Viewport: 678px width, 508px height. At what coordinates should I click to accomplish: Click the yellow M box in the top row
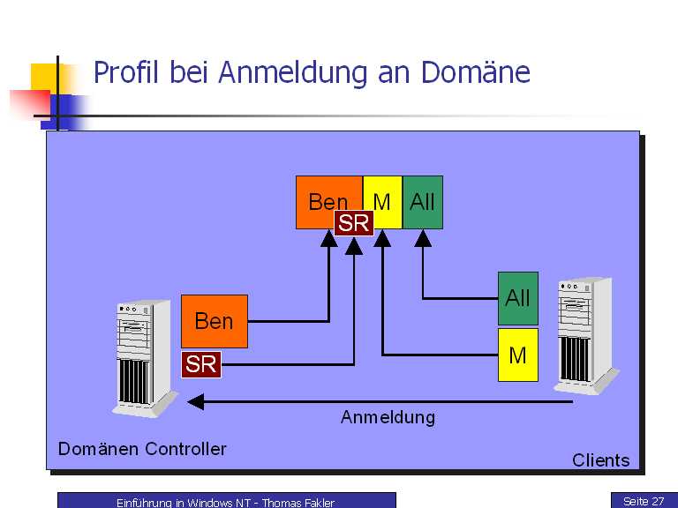click(x=382, y=202)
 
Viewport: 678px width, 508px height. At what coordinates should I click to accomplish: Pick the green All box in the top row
click(x=422, y=202)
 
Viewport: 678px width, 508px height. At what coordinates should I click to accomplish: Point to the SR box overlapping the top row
click(x=353, y=224)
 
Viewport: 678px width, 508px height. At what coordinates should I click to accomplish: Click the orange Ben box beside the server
click(x=214, y=321)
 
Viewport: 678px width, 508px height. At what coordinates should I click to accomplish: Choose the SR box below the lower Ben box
click(x=201, y=364)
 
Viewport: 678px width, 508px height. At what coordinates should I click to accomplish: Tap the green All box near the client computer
click(x=517, y=298)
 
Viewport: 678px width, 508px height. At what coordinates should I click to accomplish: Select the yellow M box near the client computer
click(x=517, y=355)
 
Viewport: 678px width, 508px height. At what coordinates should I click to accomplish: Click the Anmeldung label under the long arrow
click(x=388, y=417)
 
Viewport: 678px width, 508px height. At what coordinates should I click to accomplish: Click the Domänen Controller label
click(x=142, y=449)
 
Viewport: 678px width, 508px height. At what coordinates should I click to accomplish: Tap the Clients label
click(x=600, y=460)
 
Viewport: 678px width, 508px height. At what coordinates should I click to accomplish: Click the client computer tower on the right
click(x=584, y=335)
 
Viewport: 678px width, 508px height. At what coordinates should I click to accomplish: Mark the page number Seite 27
click(x=643, y=501)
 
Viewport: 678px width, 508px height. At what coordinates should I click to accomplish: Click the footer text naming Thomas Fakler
click(x=225, y=503)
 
